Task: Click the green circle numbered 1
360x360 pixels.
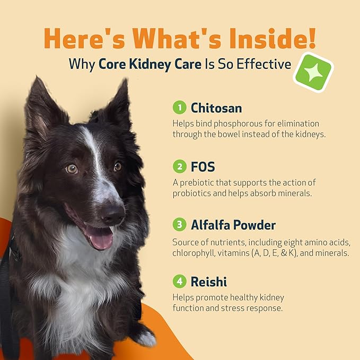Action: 180,108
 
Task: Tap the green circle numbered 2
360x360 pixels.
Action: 180,166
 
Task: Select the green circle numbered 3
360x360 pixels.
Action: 180,225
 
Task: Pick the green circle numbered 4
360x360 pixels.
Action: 180,281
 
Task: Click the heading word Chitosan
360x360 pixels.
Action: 217,108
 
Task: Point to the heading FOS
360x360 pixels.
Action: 203,166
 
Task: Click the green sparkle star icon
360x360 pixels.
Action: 313,73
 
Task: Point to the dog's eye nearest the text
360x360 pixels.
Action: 117,166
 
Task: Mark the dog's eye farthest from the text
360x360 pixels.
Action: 72,169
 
